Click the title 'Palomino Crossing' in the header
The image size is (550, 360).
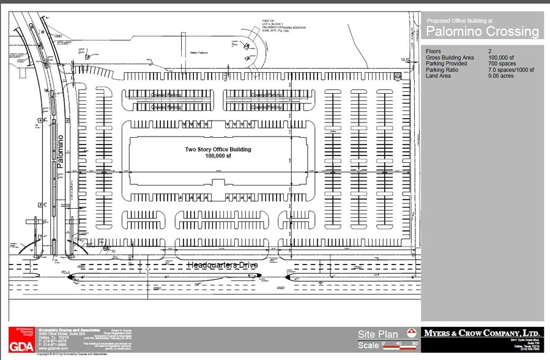(x=482, y=31)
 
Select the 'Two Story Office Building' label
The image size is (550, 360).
(x=218, y=149)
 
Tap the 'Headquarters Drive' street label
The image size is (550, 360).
(x=221, y=265)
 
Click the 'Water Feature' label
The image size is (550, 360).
(x=200, y=53)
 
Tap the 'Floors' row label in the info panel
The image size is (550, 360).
(x=433, y=51)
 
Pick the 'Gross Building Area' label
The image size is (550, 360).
(x=450, y=58)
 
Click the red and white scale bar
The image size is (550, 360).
(x=399, y=348)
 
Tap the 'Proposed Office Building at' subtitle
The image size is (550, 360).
(x=456, y=20)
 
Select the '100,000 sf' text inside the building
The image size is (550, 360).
(x=218, y=156)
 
